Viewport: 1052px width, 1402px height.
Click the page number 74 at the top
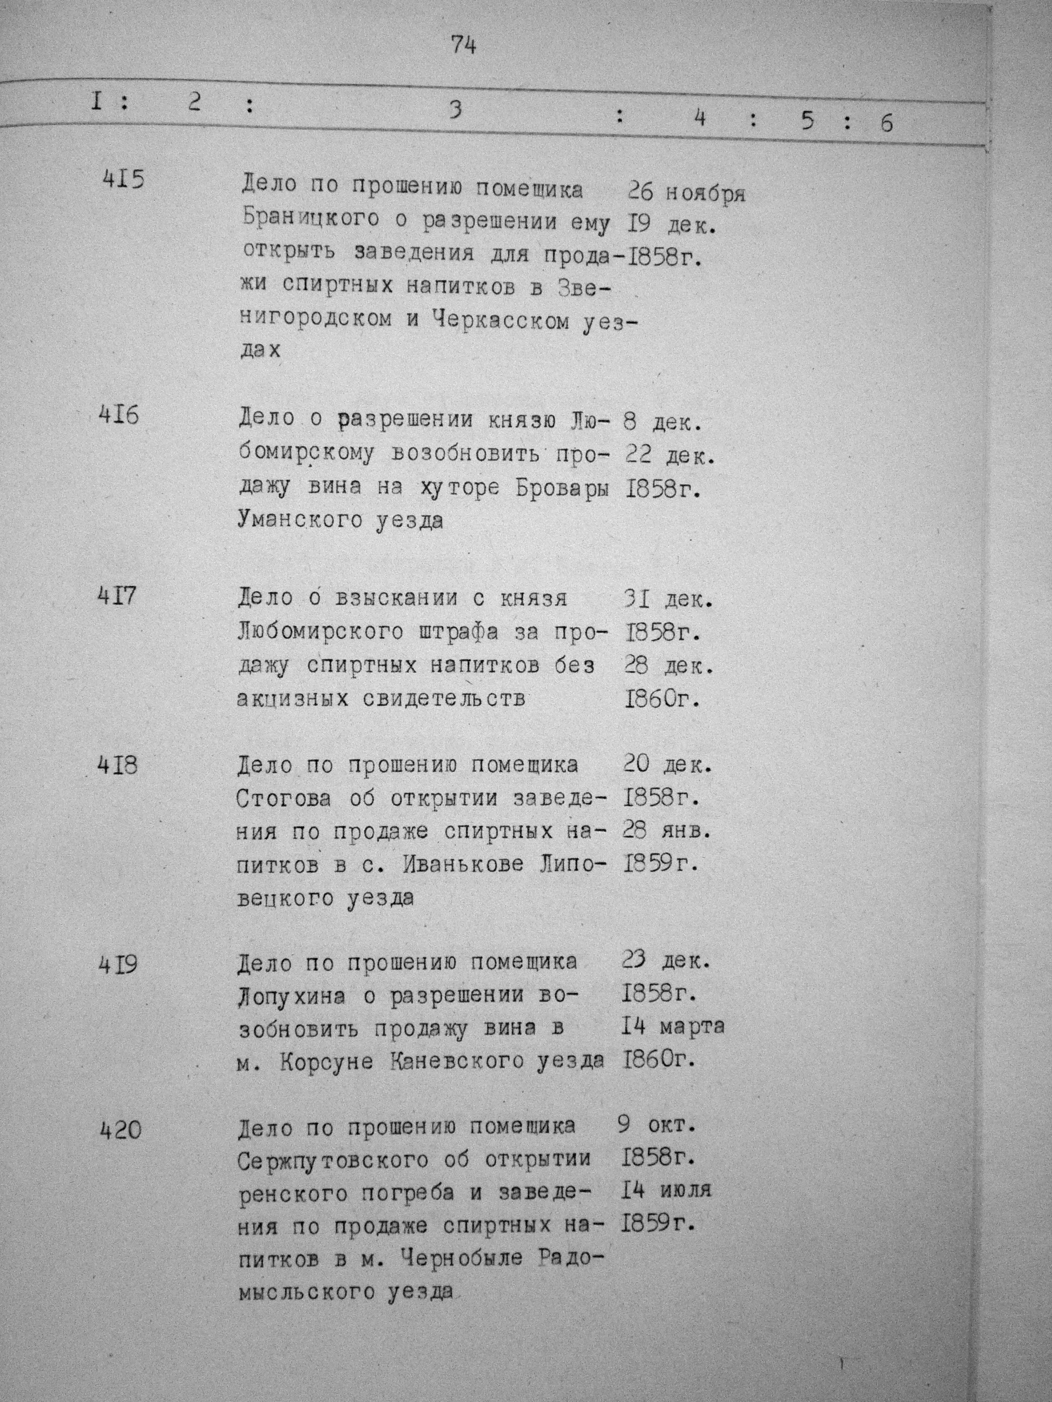click(464, 45)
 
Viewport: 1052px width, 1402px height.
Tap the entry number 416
click(119, 416)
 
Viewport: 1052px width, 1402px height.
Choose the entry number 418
click(117, 767)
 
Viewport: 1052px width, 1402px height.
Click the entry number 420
click(121, 1129)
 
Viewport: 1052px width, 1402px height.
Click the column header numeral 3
click(455, 110)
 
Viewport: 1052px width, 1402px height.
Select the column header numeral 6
click(886, 122)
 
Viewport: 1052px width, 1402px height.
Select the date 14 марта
click(673, 1027)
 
